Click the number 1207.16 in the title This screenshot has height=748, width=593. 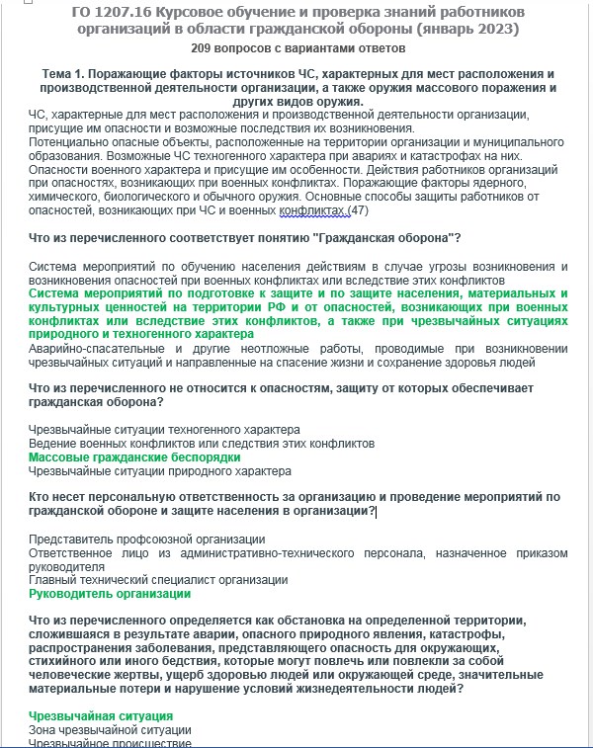click(x=135, y=11)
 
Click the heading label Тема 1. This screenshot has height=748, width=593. click(x=69, y=75)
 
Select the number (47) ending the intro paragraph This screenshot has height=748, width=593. click(x=359, y=210)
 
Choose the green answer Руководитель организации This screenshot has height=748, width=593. click(x=110, y=595)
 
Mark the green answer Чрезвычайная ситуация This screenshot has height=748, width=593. click(x=101, y=715)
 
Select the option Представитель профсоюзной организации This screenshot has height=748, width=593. click(x=146, y=539)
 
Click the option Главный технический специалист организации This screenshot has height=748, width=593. click(x=158, y=580)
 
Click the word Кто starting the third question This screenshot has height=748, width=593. click(x=41, y=496)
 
